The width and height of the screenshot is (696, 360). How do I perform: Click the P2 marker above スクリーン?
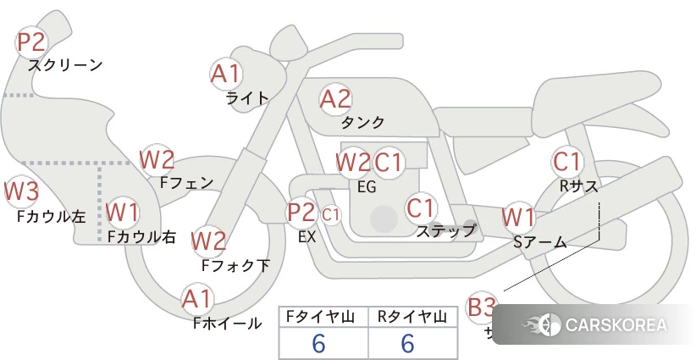pos(32,42)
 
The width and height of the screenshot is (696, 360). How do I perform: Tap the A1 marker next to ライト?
pos(225,75)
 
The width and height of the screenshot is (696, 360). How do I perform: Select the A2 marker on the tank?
pos(335,99)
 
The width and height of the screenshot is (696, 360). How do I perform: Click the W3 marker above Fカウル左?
pos(21,191)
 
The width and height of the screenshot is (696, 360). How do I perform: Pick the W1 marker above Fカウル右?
pos(124,212)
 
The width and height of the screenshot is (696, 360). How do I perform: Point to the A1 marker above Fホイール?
pos(197,299)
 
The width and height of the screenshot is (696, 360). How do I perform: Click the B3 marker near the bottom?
pos(482,307)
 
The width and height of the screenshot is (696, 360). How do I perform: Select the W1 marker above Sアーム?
pos(518,217)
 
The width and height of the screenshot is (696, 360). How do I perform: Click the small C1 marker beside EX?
pos(330,214)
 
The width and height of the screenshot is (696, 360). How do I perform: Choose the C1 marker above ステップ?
pos(421,207)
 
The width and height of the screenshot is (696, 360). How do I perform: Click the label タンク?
pos(363,122)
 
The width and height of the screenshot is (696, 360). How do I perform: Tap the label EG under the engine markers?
pos(367,186)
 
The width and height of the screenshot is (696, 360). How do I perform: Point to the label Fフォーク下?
pos(235,265)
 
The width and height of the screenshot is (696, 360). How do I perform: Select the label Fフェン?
pos(186,181)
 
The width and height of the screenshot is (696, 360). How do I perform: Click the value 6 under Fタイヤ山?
pos(319,344)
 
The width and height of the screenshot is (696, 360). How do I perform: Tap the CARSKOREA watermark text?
pos(616,324)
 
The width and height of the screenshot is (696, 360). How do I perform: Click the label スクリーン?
pos(65,65)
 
